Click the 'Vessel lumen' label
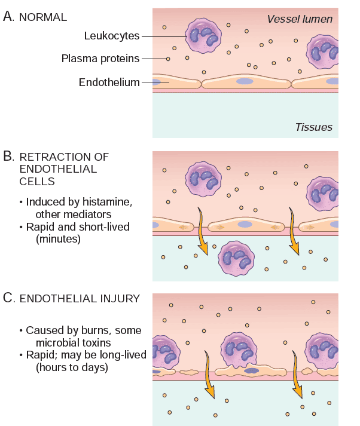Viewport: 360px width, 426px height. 300,19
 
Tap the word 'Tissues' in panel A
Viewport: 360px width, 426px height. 313,127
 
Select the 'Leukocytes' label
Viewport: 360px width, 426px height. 112,36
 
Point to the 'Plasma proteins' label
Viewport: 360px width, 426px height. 100,59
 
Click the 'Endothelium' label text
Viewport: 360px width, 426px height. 109,82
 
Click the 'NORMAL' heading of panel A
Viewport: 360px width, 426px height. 44,17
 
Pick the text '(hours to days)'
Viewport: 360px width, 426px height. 72,367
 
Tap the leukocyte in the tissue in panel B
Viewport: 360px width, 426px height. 234,258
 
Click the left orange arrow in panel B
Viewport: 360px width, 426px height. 203,232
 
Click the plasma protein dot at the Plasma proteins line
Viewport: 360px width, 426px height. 169,59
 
